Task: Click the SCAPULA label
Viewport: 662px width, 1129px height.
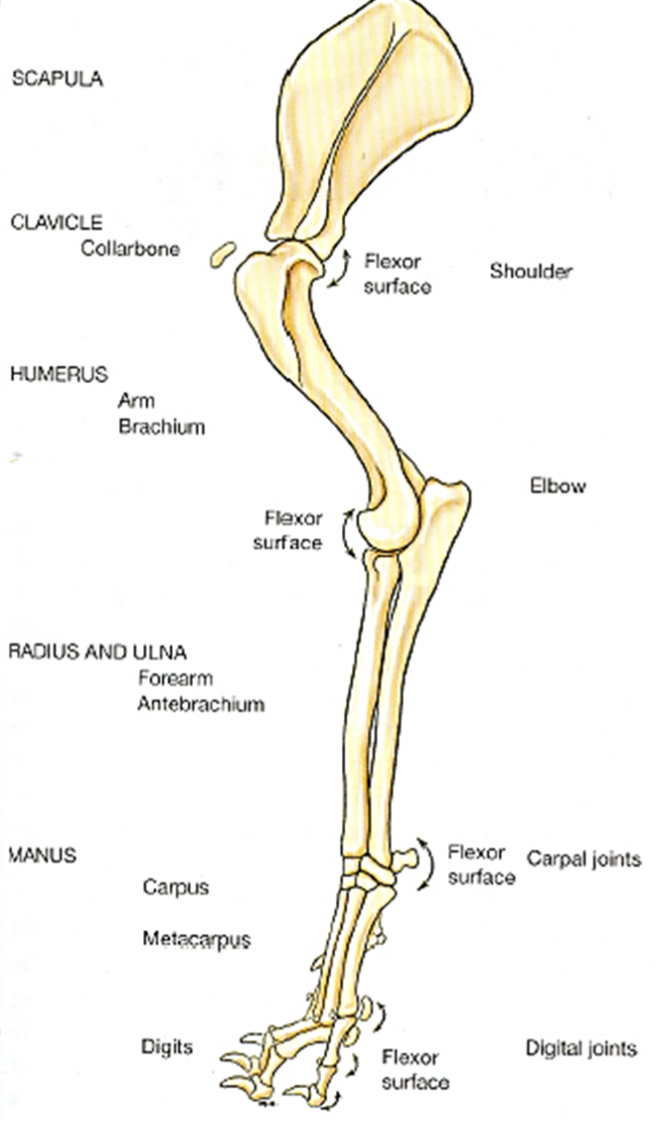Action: pyautogui.click(x=57, y=80)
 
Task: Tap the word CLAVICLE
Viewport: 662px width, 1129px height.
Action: pyautogui.click(x=56, y=223)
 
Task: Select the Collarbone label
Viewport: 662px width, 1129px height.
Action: pyautogui.click(x=130, y=249)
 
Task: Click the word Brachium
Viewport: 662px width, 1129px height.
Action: pyautogui.click(x=161, y=427)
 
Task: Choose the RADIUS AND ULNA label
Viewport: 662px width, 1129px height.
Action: pyautogui.click(x=97, y=653)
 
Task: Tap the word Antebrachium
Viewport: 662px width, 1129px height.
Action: pyautogui.click(x=201, y=704)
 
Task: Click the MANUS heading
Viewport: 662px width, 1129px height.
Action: pyautogui.click(x=42, y=854)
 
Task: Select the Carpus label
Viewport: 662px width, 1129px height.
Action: pyautogui.click(x=176, y=886)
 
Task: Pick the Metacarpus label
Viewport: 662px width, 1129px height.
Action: pyautogui.click(x=196, y=939)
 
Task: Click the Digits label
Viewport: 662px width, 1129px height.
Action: pyautogui.click(x=167, y=1046)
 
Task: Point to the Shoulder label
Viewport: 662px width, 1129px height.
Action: pyautogui.click(x=531, y=271)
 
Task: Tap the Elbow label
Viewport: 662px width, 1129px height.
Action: pyautogui.click(x=559, y=486)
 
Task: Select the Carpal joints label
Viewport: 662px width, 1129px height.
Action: pyautogui.click(x=583, y=857)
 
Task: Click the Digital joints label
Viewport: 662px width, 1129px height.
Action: pyautogui.click(x=580, y=1048)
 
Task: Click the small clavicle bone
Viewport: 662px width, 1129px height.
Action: pyautogui.click(x=221, y=254)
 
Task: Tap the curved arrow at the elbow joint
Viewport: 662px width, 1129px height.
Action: pyautogui.click(x=348, y=531)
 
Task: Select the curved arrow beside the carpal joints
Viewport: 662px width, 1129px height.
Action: pyautogui.click(x=427, y=862)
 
